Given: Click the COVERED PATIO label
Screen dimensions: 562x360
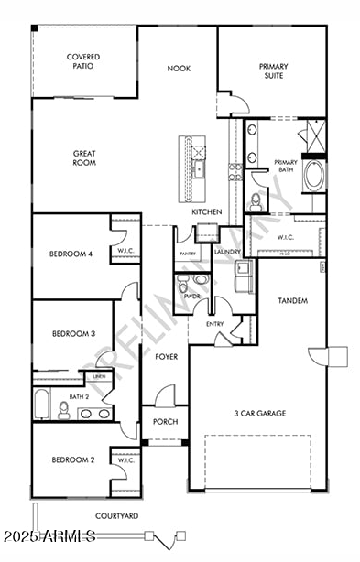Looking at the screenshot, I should (83, 61).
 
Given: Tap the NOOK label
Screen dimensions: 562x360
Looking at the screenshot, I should (178, 69).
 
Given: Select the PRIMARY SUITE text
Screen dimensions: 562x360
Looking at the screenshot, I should (272, 70).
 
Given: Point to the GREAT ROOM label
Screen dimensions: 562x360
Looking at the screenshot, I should (84, 158).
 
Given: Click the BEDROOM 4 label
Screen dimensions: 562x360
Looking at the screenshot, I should (71, 254).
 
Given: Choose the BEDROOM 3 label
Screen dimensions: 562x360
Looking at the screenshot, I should (73, 334).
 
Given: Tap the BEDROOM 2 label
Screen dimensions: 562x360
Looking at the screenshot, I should (73, 459).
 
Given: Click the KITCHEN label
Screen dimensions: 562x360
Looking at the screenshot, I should (207, 212).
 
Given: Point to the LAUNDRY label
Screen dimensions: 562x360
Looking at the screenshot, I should (226, 252).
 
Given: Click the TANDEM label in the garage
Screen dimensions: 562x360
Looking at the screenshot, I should (291, 301).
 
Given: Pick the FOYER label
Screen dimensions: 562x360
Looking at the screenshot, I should (166, 357).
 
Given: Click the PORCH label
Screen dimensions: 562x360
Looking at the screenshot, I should (165, 422).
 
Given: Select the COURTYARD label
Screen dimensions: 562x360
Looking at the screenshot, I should (117, 516).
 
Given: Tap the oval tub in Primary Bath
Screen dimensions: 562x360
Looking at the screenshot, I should (313, 175).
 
